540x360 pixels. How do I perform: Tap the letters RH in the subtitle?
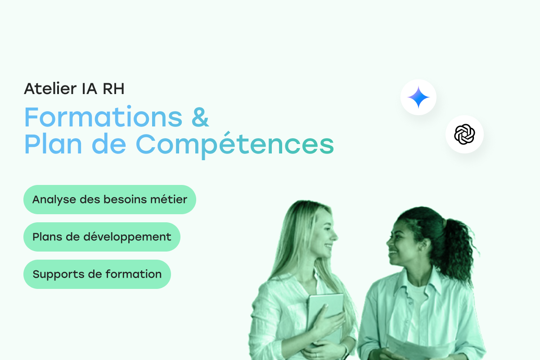tap(113, 89)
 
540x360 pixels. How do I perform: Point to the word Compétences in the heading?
tap(235, 145)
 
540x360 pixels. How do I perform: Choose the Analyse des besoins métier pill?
tap(109, 199)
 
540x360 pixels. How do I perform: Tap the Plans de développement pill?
tap(102, 237)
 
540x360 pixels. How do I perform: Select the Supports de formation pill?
tap(97, 274)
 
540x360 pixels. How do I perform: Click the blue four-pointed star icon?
tap(418, 97)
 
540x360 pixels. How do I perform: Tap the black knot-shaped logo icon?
tap(464, 135)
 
